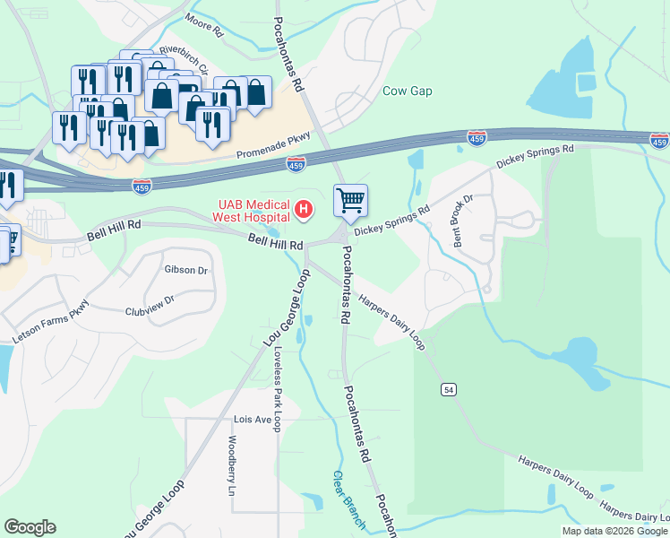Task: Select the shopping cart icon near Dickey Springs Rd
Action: pos(350,201)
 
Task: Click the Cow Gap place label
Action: pos(408,91)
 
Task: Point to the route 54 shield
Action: pos(447,388)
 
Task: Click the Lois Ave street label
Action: pos(253,420)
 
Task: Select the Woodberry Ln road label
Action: pos(232,466)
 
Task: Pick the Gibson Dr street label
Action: pos(186,270)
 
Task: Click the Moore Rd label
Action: pos(204,24)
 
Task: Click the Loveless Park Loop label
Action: pos(278,389)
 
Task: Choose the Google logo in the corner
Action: pos(30,528)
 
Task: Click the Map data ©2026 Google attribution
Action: pos(614,531)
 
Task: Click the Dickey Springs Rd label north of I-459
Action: pos(535,157)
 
